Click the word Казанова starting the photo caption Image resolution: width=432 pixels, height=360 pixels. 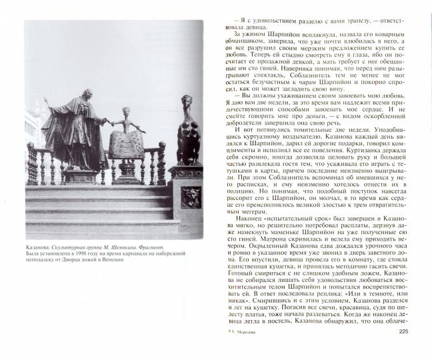pos(39,245)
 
